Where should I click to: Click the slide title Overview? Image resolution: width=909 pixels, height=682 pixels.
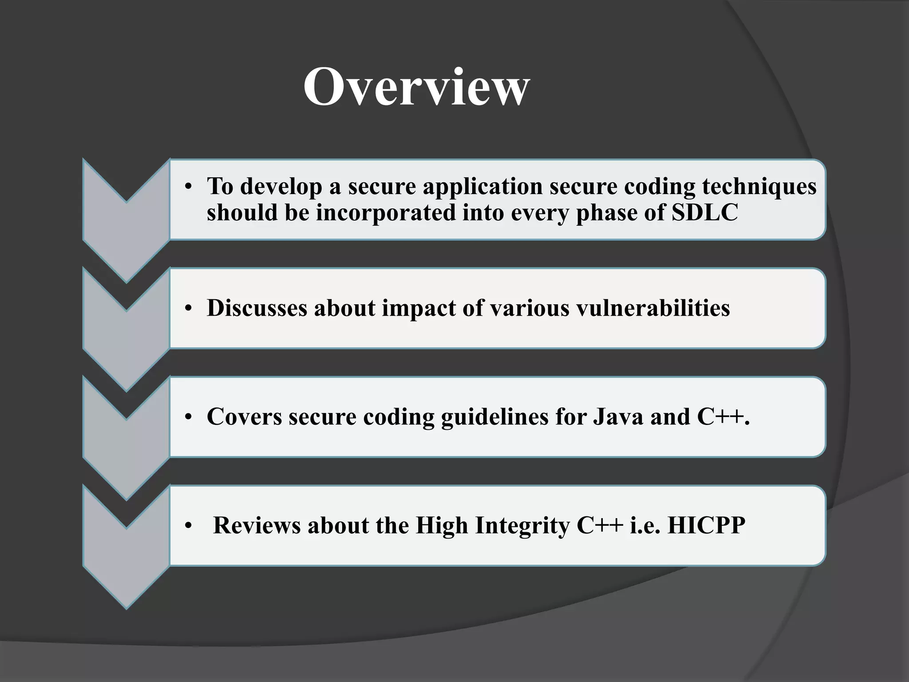[x=416, y=87]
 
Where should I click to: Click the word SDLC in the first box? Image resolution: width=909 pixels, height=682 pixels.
[x=704, y=212]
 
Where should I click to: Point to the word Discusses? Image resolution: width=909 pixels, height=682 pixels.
[x=257, y=308]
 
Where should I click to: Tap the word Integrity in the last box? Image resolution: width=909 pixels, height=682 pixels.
[x=522, y=526]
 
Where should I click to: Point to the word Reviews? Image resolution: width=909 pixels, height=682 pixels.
[x=257, y=525]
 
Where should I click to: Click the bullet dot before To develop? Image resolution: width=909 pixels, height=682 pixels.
[x=188, y=187]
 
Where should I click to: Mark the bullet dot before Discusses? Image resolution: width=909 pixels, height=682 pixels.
[x=188, y=309]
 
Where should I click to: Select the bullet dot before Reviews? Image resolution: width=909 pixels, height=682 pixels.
[x=188, y=526]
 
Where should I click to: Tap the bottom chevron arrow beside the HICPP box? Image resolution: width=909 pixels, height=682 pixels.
[x=126, y=555]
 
